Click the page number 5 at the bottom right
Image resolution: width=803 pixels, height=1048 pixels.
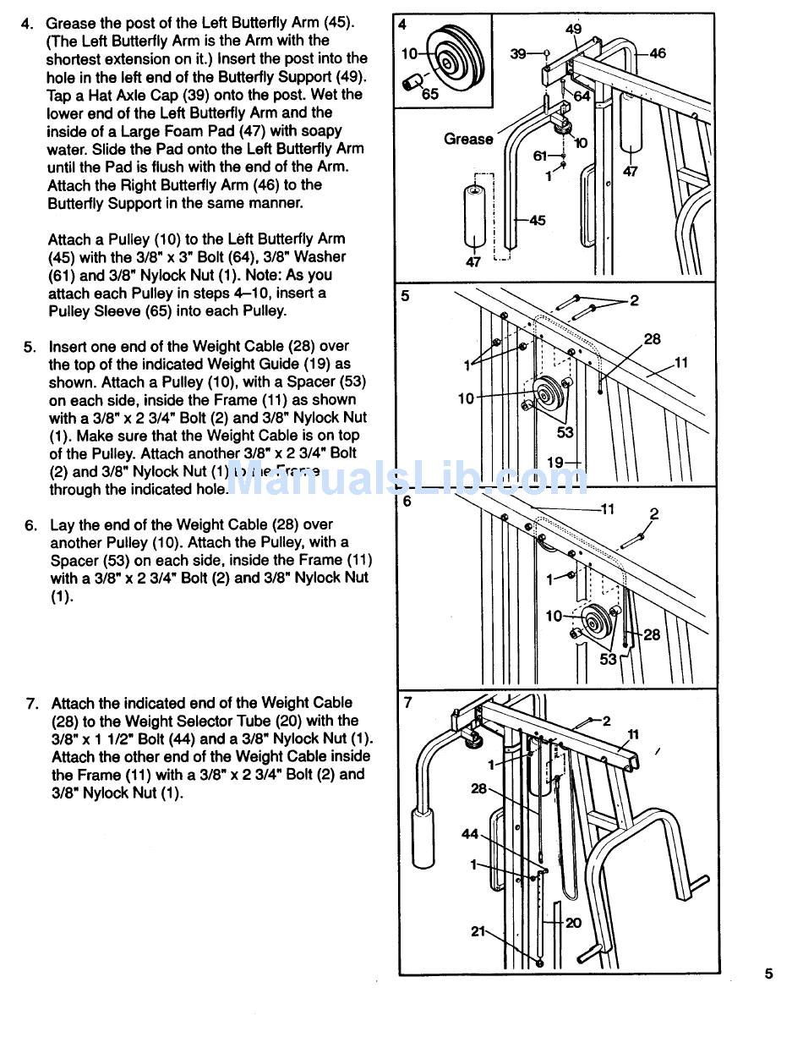768,974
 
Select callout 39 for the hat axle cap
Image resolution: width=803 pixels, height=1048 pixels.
518,54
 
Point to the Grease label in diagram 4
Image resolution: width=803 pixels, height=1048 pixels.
468,139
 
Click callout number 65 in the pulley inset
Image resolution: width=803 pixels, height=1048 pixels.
430,94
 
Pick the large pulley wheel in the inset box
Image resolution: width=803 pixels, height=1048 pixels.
452,56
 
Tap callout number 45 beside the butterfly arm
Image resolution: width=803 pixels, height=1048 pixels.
538,221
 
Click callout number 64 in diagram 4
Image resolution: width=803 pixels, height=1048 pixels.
582,96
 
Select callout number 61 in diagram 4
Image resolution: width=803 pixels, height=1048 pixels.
541,156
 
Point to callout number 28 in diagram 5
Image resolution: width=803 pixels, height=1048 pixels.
653,340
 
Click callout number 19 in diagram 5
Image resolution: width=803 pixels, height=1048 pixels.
555,463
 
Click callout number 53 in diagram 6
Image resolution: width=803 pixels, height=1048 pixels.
609,659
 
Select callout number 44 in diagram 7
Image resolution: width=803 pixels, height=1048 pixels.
470,834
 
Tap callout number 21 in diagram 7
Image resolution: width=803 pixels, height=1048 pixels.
478,931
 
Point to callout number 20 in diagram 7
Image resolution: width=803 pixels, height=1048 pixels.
573,923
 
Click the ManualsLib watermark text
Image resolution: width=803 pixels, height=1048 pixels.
406,480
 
